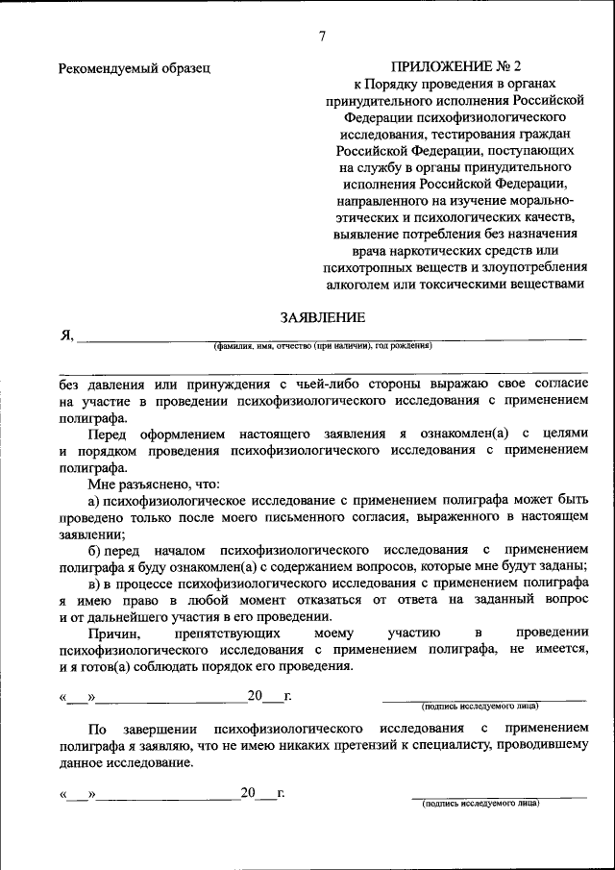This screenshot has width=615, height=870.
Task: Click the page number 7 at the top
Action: [x=322, y=37]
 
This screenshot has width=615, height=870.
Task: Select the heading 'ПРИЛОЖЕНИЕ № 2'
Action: [x=456, y=67]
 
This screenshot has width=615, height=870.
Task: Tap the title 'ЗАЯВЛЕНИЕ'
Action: [x=322, y=316]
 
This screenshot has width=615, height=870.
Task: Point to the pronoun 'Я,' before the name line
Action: [x=66, y=335]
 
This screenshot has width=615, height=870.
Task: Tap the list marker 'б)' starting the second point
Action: [x=95, y=550]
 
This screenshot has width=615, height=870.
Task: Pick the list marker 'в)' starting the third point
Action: [x=95, y=584]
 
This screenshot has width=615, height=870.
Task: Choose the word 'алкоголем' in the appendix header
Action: [x=367, y=284]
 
